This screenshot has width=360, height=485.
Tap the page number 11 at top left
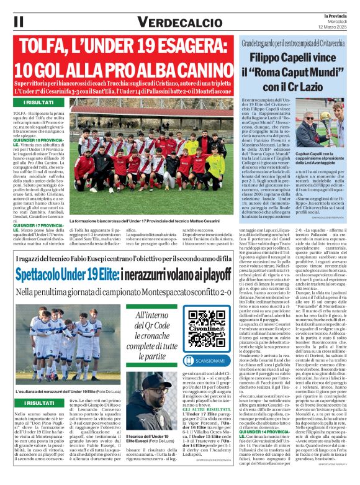18,21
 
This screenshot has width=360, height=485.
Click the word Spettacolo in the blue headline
52,274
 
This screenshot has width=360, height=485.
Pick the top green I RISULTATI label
37,102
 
